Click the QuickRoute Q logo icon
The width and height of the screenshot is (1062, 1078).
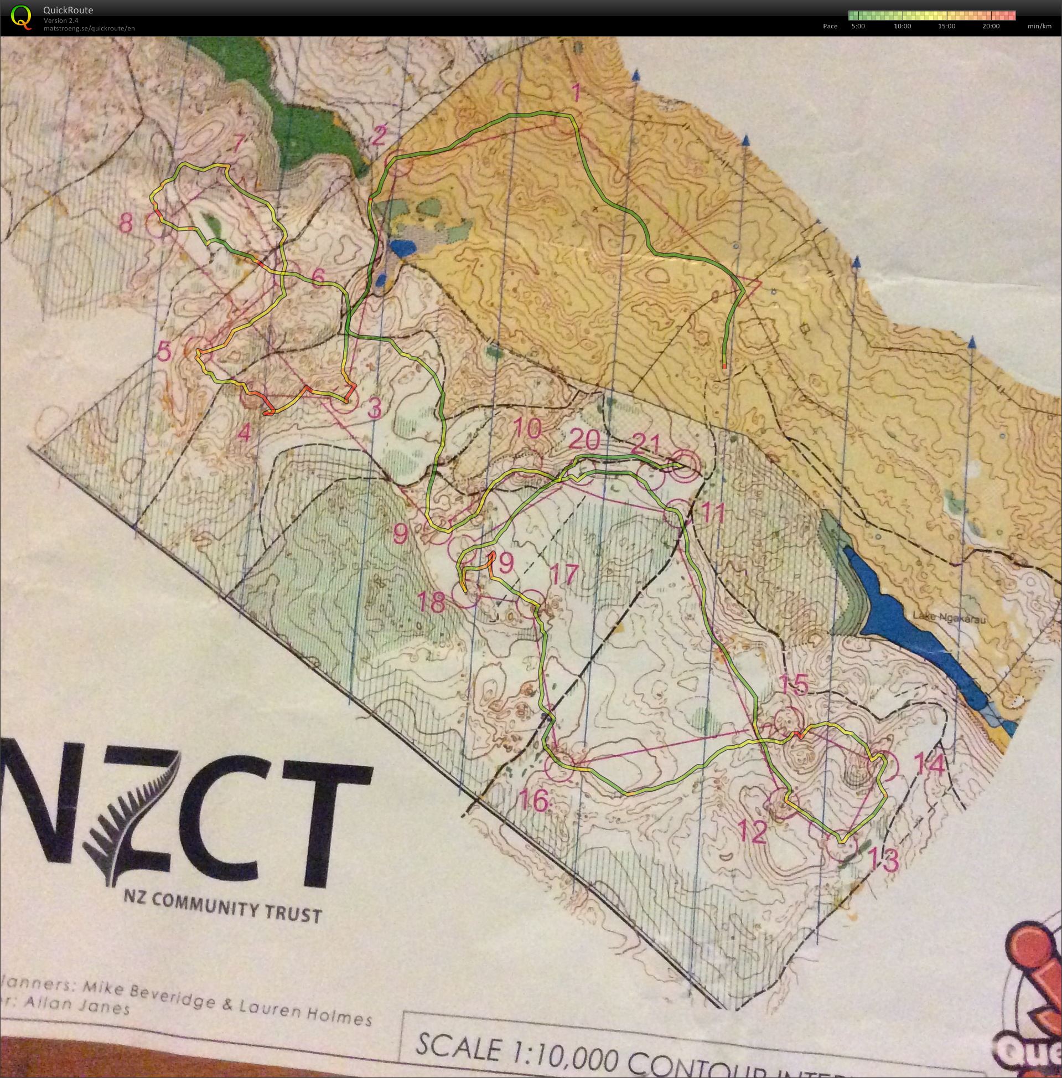pyautogui.click(x=21, y=17)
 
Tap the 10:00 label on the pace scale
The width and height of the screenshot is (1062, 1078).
pyautogui.click(x=902, y=26)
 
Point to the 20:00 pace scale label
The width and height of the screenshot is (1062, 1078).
pyautogui.click(x=991, y=26)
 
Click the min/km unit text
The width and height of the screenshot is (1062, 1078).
pyautogui.click(x=1039, y=26)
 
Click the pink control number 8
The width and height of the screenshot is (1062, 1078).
pyautogui.click(x=126, y=224)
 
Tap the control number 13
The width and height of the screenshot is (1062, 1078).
pyautogui.click(x=884, y=860)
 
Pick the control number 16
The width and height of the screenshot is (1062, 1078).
pyautogui.click(x=534, y=801)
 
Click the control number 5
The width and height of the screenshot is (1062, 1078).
pyautogui.click(x=164, y=352)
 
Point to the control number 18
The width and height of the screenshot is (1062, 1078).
pyautogui.click(x=431, y=602)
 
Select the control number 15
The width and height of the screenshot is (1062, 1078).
pyautogui.click(x=794, y=685)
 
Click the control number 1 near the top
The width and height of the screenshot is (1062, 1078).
pyautogui.click(x=577, y=92)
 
